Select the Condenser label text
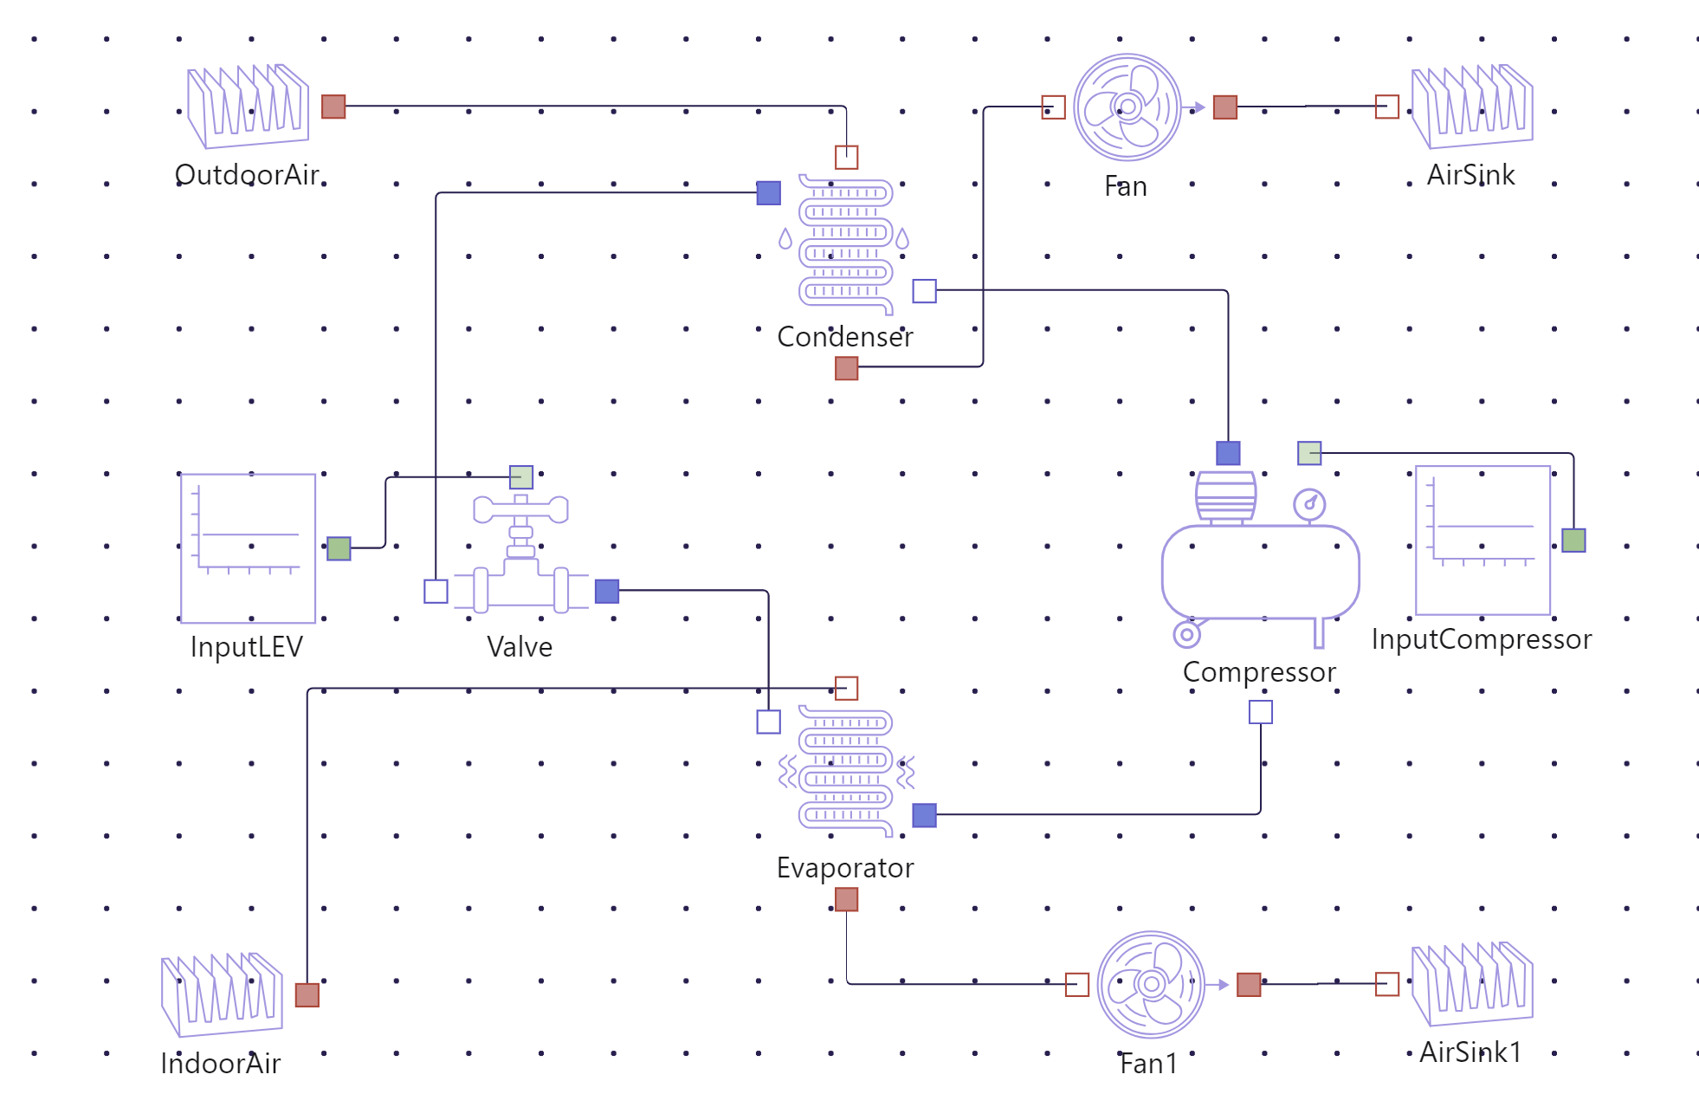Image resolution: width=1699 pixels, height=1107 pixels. [844, 337]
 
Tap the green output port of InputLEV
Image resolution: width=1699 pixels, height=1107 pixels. [339, 548]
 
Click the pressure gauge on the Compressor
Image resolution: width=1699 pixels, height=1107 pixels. [1309, 504]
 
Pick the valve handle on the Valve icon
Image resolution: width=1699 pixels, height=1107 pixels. [520, 509]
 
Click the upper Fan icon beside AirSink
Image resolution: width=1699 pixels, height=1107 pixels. [1127, 107]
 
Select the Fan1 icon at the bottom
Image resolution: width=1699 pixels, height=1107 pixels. [1151, 985]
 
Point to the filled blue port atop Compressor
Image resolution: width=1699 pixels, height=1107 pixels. [1228, 453]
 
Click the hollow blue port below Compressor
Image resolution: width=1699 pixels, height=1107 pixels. [1261, 712]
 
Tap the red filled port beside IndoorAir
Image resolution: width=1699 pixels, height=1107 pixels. [307, 995]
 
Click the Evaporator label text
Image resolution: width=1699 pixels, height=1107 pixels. [844, 868]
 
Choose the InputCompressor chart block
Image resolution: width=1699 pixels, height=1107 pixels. [1483, 541]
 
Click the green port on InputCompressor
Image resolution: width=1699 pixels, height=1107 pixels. [1573, 541]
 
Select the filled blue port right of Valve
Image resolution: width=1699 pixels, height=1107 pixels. [607, 592]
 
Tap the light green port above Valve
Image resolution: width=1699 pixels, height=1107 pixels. [521, 477]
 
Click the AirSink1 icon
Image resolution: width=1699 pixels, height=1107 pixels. [1472, 985]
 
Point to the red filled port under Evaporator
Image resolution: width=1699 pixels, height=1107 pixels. [847, 900]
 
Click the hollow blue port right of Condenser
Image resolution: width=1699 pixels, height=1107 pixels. [925, 291]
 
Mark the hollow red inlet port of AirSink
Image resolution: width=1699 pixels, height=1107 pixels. [1387, 107]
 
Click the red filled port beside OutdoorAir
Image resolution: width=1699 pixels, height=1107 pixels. [333, 107]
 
